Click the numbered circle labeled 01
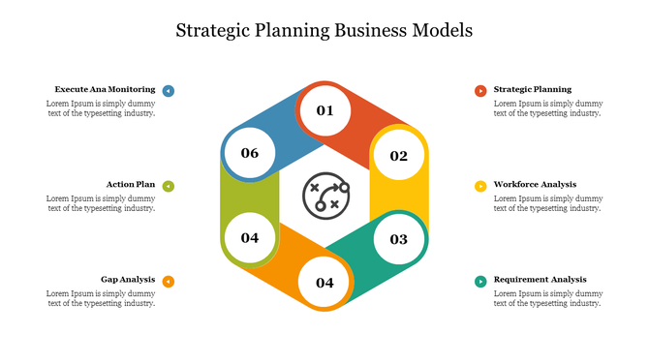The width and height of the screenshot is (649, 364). point(324,110)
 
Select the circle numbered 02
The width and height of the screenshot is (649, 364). point(399,155)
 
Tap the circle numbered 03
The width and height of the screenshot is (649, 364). point(399,238)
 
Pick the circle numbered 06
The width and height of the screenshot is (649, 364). point(250,153)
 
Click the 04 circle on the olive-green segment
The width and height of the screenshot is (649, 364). point(250,237)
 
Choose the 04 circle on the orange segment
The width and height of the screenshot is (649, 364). point(324,283)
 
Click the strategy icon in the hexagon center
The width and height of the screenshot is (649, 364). point(324,197)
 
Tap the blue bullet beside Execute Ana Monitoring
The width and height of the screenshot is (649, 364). point(169,91)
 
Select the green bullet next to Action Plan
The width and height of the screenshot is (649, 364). point(169,186)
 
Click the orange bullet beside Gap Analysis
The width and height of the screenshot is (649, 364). point(169,282)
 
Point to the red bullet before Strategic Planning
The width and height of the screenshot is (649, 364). point(480,91)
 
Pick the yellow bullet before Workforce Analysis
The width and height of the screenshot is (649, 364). point(480,186)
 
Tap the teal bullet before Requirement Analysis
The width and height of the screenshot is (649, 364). point(480,282)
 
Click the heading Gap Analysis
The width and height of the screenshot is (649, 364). point(128,280)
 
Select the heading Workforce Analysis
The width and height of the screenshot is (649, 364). point(535,184)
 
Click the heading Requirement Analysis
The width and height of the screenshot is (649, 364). point(540,280)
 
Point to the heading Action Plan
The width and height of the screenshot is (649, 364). point(131,184)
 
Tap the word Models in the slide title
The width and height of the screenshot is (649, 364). point(442,30)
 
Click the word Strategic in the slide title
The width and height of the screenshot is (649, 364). point(212,30)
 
